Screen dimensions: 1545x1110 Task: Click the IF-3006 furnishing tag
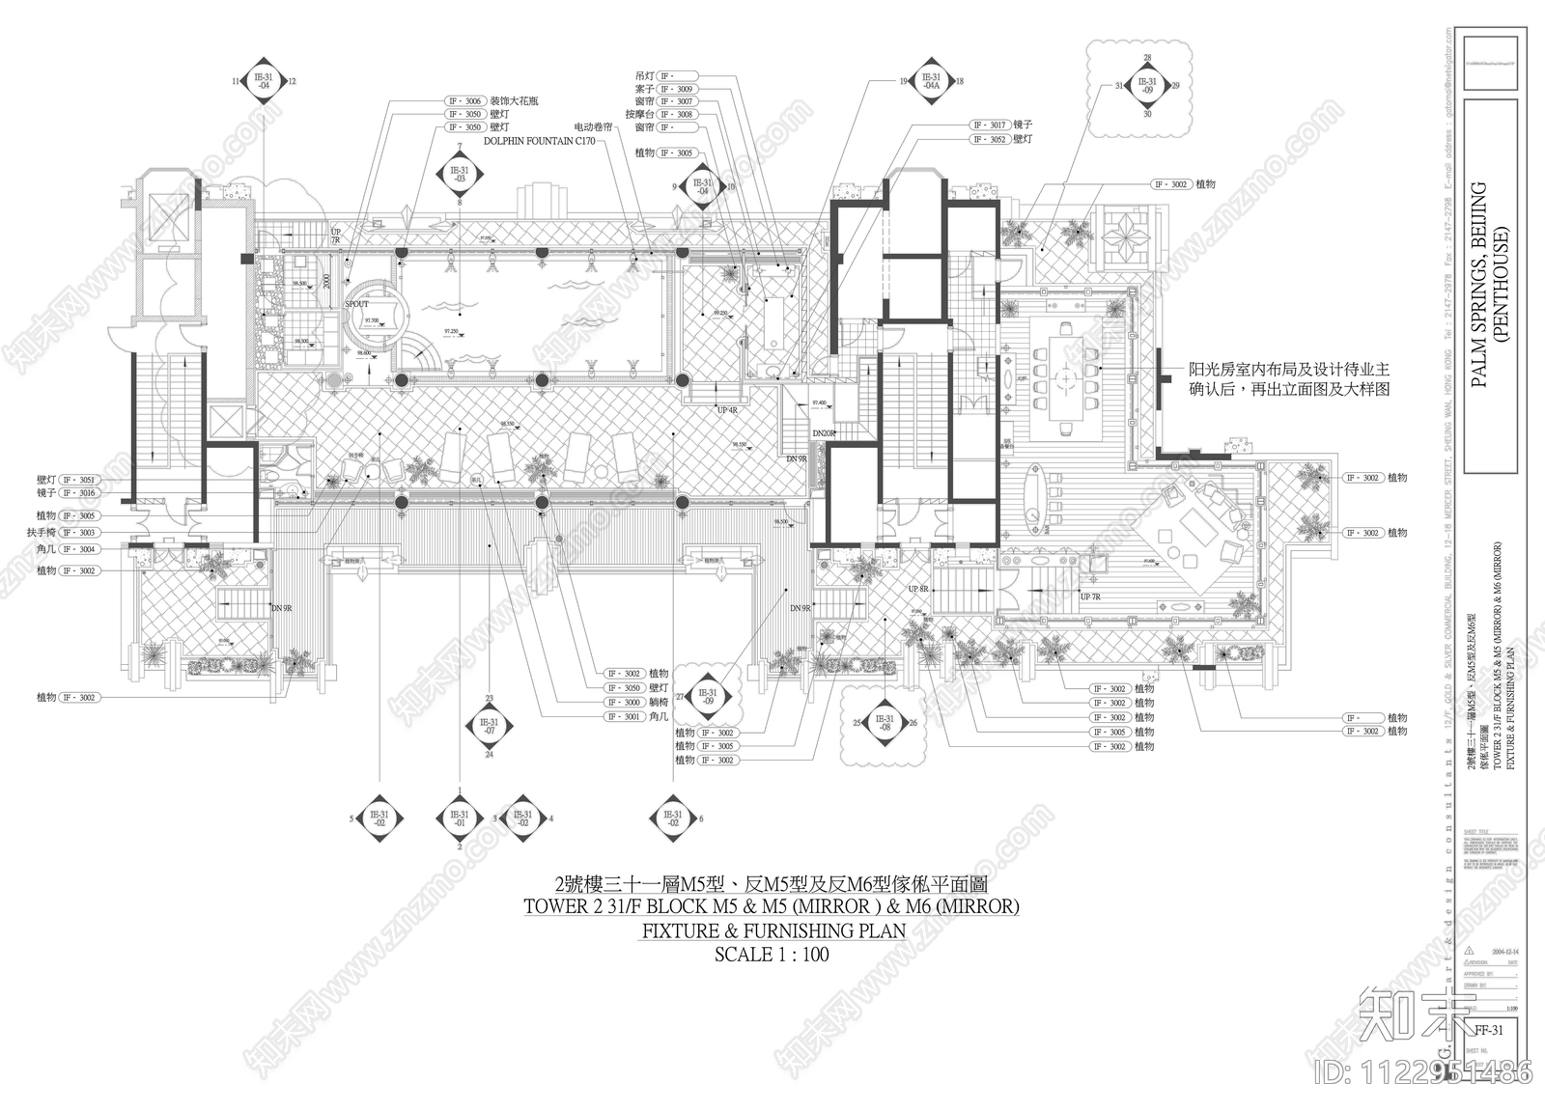click(464, 100)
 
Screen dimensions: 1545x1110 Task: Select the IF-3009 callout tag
click(678, 89)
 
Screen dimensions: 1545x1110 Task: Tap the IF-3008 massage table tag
click(678, 115)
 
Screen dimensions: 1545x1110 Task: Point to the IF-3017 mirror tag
click(991, 125)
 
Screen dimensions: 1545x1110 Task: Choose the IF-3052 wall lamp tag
click(991, 140)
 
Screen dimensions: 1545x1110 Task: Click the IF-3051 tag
click(80, 479)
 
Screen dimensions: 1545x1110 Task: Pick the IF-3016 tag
click(80, 493)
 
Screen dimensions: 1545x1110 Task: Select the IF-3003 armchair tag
click(80, 532)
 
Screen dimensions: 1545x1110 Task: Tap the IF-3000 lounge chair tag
click(625, 703)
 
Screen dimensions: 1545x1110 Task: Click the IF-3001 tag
click(625, 717)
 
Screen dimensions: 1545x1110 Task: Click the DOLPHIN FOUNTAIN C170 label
click(538, 140)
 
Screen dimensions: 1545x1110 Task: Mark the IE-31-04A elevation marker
click(931, 82)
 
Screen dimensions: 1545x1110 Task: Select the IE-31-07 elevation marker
click(490, 727)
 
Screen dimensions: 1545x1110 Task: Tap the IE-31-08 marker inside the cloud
click(884, 722)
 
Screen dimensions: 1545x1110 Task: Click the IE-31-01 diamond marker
click(460, 819)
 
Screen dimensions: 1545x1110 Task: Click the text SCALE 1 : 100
click(772, 955)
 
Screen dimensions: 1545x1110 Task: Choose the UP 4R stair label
click(727, 410)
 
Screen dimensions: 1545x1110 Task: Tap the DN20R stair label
click(823, 434)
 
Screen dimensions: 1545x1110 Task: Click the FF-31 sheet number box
click(1488, 1030)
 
